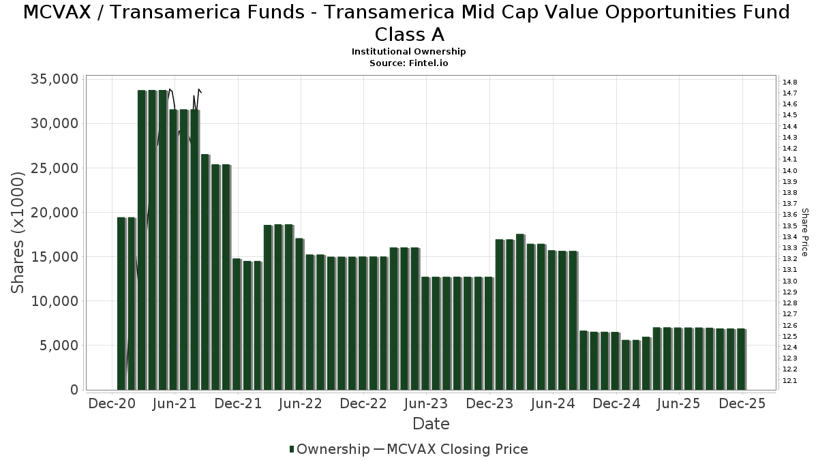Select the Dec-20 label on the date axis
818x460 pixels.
tap(112, 403)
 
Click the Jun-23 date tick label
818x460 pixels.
tap(426, 403)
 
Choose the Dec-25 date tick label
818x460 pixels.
tap(743, 403)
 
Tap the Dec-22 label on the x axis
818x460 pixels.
tap(363, 403)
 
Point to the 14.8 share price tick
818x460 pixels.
tap(791, 82)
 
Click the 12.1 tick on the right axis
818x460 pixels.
tap(791, 380)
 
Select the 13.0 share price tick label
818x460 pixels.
tap(791, 281)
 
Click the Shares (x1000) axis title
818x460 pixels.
tap(18, 232)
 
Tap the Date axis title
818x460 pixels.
tap(431, 424)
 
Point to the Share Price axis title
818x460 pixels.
tap(805, 232)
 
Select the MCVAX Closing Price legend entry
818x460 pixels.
tap(457, 449)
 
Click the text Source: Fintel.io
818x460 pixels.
tap(409, 63)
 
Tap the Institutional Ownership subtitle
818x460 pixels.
tap(409, 52)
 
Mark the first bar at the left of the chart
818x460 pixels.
tap(121, 303)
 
